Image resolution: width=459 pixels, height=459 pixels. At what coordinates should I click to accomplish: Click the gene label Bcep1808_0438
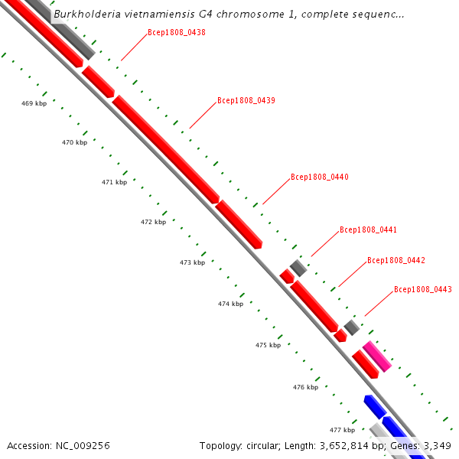click(176, 33)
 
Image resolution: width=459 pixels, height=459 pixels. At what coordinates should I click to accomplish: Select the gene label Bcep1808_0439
click(246, 100)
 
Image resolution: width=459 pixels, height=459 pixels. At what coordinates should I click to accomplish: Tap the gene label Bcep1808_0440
click(320, 177)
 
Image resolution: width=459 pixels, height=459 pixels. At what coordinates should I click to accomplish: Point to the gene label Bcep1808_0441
click(369, 229)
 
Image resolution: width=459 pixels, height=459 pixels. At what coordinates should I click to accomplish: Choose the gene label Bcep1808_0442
click(396, 260)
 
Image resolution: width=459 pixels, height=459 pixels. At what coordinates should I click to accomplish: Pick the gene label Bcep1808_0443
click(423, 289)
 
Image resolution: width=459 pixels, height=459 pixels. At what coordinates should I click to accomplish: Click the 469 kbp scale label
click(34, 103)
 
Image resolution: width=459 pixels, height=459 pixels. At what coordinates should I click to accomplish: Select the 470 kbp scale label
click(74, 143)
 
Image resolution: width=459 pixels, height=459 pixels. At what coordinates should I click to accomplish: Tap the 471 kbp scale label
click(114, 183)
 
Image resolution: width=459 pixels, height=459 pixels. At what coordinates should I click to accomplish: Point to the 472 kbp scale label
click(153, 223)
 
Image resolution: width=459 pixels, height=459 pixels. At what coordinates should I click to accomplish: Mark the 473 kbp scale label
click(192, 262)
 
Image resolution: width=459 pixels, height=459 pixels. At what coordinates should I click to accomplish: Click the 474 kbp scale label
click(230, 304)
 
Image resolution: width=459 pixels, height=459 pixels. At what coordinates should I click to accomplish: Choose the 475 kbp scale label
click(268, 345)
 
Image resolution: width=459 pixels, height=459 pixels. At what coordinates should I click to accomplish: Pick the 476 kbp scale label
click(305, 387)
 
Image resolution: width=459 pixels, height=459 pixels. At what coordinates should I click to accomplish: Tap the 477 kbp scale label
click(342, 430)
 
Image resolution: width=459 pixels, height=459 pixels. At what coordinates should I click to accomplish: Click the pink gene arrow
click(377, 356)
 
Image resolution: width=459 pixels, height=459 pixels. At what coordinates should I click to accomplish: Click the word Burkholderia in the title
click(87, 14)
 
